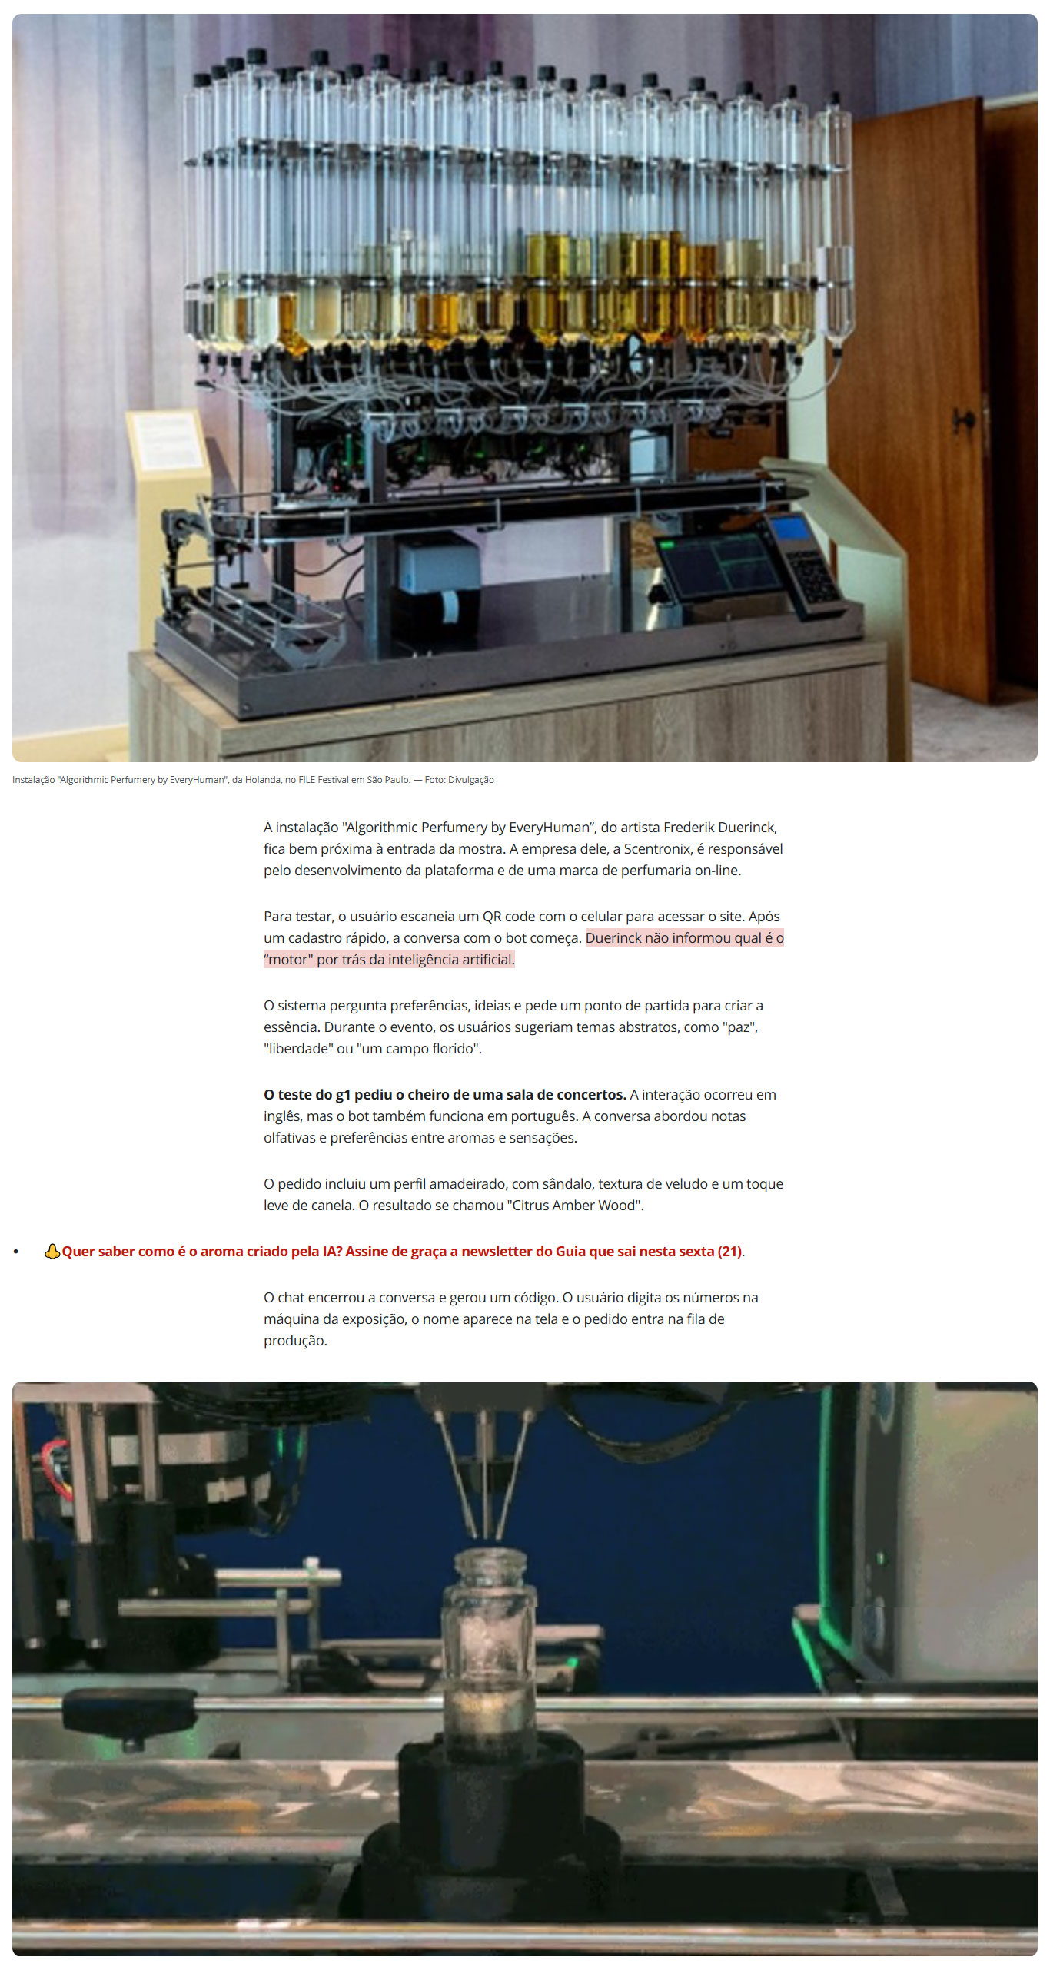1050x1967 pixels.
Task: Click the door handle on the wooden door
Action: pyautogui.click(x=964, y=420)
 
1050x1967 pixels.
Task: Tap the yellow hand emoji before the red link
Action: pyautogui.click(x=52, y=1252)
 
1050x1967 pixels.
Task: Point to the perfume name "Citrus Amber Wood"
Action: pyautogui.click(x=574, y=1206)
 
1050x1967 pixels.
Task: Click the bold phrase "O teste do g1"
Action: pyautogui.click(x=307, y=1095)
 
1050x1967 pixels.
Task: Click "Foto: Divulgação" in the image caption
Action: pyautogui.click(x=459, y=780)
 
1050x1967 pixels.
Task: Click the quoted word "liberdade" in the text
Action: pyautogui.click(x=297, y=1049)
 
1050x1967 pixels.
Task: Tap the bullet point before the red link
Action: pyautogui.click(x=15, y=1252)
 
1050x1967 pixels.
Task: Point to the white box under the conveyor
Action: pyautogui.click(x=438, y=565)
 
